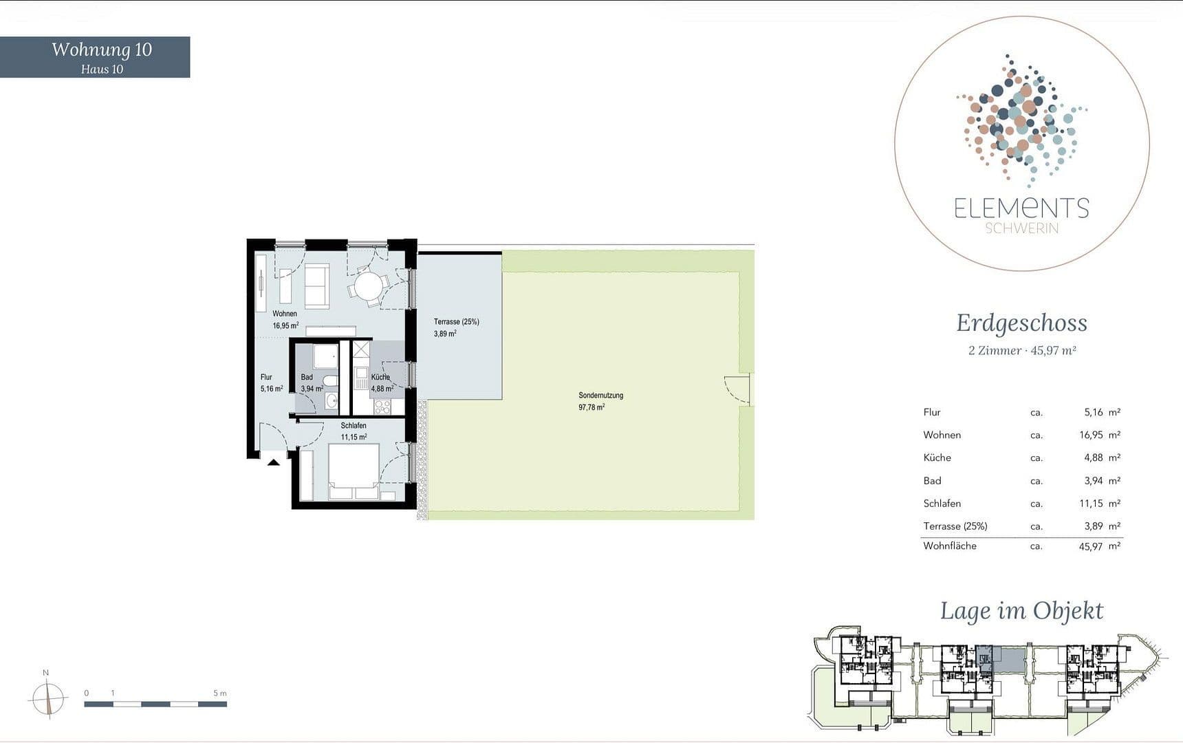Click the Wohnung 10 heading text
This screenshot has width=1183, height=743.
[102, 50]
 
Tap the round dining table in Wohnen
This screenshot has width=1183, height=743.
[368, 286]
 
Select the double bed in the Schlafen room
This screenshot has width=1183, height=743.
[354, 471]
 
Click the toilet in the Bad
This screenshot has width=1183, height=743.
[331, 382]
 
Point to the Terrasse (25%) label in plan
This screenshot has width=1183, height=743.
[456, 322]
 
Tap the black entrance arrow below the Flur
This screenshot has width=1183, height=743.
[274, 462]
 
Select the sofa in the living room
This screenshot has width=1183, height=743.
[316, 285]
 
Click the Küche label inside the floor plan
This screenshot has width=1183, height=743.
[380, 377]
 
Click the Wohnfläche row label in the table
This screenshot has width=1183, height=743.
[949, 546]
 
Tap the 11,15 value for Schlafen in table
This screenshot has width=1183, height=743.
[1091, 504]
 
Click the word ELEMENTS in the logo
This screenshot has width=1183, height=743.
[1021, 208]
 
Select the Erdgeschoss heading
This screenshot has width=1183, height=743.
[1021, 323]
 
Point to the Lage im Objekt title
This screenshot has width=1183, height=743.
[1021, 611]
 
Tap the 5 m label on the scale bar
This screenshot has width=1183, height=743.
[219, 693]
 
